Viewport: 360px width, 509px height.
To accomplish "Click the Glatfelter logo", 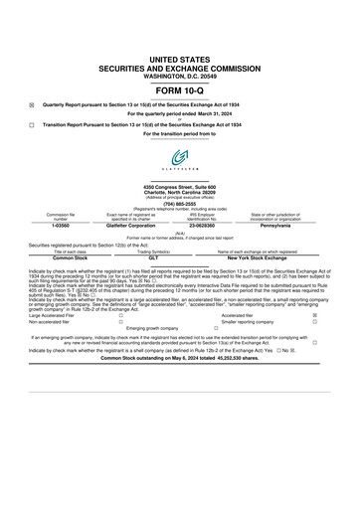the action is [x=179, y=157].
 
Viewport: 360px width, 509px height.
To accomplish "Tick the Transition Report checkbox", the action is [x=32, y=124].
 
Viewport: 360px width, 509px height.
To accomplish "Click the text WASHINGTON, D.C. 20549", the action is [x=179, y=48].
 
